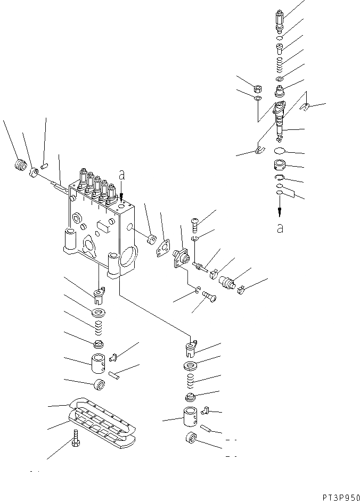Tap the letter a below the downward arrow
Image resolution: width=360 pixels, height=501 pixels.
(280, 229)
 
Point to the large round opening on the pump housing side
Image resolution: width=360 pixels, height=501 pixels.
(128, 257)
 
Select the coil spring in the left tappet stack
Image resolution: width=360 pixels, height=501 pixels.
(99, 325)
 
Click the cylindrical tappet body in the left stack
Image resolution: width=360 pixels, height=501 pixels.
(99, 364)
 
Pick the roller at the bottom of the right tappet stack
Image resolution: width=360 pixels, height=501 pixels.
(190, 440)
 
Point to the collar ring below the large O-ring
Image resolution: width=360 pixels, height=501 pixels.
(280, 165)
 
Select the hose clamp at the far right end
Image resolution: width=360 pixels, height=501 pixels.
(240, 290)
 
